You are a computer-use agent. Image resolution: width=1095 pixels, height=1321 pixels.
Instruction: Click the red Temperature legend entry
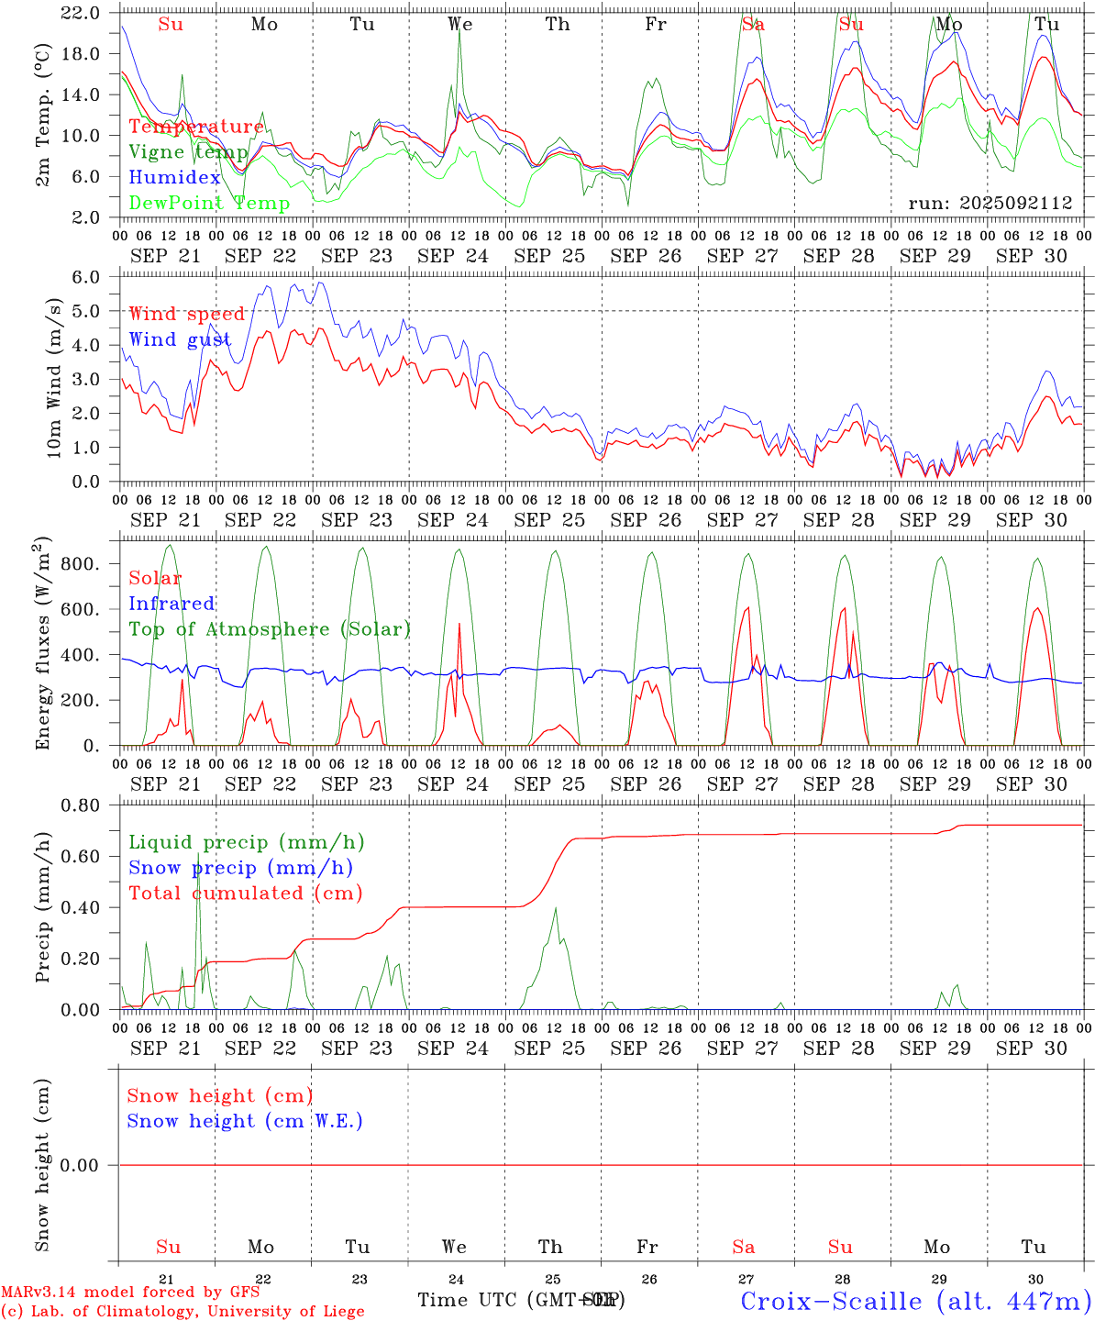195,127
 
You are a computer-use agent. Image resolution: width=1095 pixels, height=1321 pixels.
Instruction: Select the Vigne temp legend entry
188,152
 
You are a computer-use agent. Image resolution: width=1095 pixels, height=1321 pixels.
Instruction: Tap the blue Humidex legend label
174,178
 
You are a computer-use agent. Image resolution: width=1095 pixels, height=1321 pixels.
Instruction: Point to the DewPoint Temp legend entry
209,203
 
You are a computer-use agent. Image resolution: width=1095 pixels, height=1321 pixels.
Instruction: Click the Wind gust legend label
180,339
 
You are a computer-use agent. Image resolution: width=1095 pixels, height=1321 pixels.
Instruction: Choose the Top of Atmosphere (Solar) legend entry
269,629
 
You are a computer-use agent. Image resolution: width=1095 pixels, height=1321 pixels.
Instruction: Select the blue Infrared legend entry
171,604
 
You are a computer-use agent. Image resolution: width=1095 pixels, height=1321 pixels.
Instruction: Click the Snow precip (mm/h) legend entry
240,868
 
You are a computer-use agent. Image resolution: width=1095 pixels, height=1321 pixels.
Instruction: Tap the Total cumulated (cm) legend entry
245,893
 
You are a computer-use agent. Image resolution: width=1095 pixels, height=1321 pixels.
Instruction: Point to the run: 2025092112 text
990,204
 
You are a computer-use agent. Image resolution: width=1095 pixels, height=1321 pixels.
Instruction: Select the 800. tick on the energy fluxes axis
81,563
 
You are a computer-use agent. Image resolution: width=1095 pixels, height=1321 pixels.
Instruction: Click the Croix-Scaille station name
915,1300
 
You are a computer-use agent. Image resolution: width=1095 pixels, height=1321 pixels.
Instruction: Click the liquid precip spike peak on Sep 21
197,854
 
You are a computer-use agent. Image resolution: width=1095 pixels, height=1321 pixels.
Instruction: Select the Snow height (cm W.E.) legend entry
245,1121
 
